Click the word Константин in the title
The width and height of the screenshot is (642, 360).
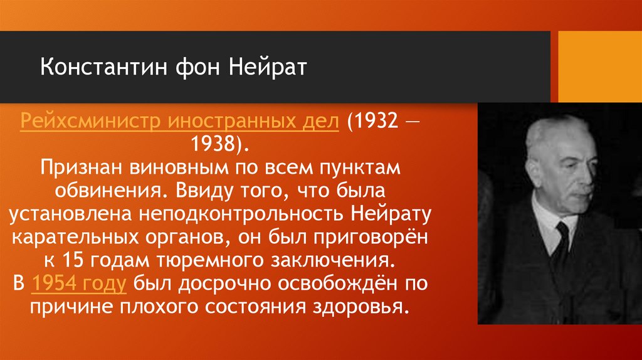93,67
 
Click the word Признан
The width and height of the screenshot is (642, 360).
80,167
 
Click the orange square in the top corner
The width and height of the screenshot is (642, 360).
600,66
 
